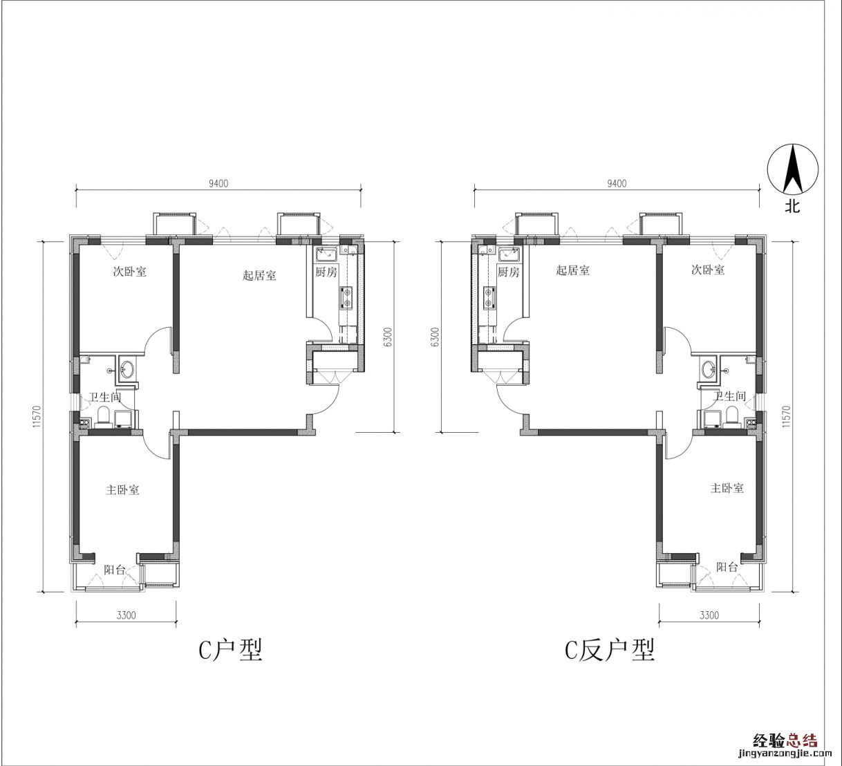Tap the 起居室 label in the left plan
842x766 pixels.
tap(259, 275)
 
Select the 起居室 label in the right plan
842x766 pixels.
tap(572, 270)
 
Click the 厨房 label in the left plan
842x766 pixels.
tap(326, 272)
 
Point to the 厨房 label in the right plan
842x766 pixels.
tap(508, 272)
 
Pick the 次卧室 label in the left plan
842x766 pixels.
tap(130, 271)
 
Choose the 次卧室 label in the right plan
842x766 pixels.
tap(708, 270)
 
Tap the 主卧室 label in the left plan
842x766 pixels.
tap(122, 489)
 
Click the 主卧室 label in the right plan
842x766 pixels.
tap(727, 488)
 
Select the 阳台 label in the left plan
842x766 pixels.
tap(115, 570)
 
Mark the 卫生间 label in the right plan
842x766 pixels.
tap(730, 396)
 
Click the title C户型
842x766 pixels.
tap(230, 651)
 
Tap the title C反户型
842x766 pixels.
tap(610, 651)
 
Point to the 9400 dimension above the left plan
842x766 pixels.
tap(218, 183)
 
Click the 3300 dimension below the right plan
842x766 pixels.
tap(709, 615)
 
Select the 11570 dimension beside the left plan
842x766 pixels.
tap(36, 416)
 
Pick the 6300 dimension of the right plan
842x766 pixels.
tap(436, 337)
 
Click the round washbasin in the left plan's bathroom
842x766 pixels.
tap(127, 370)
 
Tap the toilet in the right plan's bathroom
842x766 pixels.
tap(731, 415)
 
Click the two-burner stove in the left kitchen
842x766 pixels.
tap(346, 298)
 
